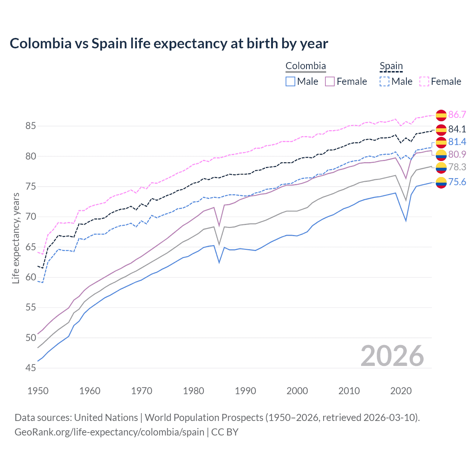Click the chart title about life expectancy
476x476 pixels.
pyautogui.click(x=169, y=44)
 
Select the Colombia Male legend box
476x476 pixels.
pyautogui.click(x=290, y=81)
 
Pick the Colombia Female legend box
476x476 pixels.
pyautogui.click(x=330, y=81)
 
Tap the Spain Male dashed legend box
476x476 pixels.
pyautogui.click(x=385, y=81)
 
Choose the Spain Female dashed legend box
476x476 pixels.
pyautogui.click(x=424, y=81)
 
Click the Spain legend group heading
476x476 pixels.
pyautogui.click(x=391, y=66)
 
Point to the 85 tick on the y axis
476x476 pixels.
pyautogui.click(x=30, y=126)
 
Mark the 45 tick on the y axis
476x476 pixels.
pyautogui.click(x=30, y=368)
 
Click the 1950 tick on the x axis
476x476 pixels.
pyautogui.click(x=38, y=391)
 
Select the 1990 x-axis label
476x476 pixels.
pyautogui.click(x=245, y=391)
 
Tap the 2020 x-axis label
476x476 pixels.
pyautogui.click(x=401, y=391)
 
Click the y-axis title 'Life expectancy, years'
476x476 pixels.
pyautogui.click(x=16, y=238)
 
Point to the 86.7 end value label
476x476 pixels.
pyautogui.click(x=457, y=115)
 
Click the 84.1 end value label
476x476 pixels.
pyautogui.click(x=457, y=129)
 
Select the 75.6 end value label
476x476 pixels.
pyautogui.click(x=457, y=182)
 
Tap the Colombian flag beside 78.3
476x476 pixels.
pyautogui.click(x=441, y=168)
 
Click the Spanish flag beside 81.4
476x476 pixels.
pyautogui.click(x=441, y=142)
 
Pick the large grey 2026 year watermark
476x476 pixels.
pyautogui.click(x=392, y=356)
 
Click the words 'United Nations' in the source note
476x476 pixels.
pyautogui.click(x=106, y=418)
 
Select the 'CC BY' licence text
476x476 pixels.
pyautogui.click(x=225, y=432)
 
